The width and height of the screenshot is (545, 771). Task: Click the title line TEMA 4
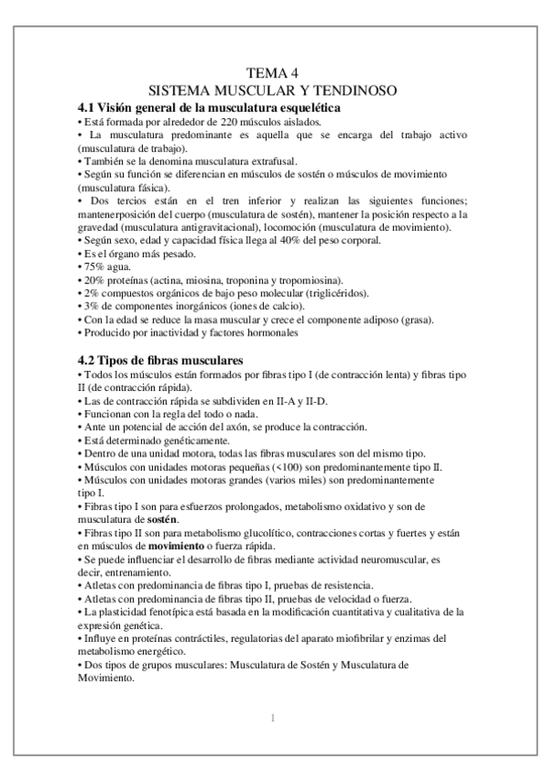pos(272,73)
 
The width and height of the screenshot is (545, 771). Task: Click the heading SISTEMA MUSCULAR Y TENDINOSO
pos(272,90)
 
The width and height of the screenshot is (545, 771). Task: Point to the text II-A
pos(238,401)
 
